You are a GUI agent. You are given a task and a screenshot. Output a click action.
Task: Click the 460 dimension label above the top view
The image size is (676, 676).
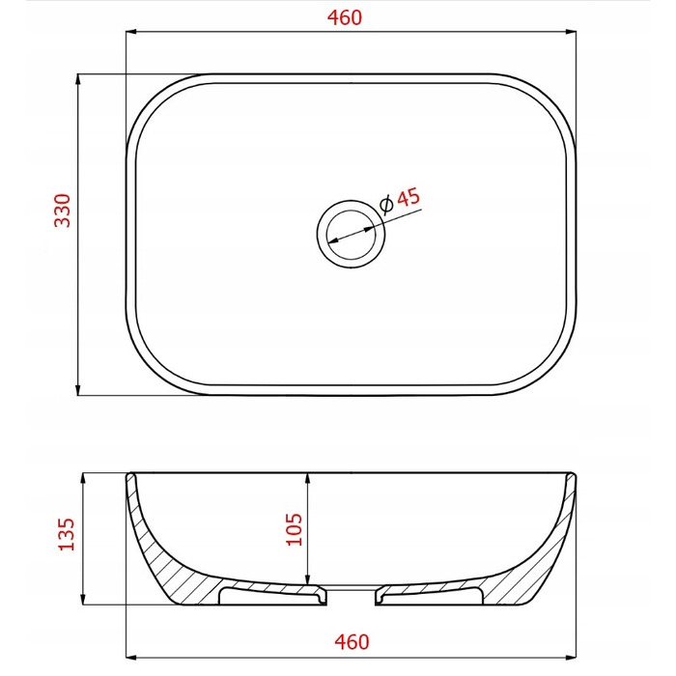pos(345,17)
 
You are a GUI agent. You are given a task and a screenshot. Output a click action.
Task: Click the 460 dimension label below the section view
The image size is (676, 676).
pos(352,642)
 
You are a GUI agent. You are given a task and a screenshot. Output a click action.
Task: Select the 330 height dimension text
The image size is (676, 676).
pos(63,211)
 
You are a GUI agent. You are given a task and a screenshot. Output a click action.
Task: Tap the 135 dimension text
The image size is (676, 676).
pos(67,534)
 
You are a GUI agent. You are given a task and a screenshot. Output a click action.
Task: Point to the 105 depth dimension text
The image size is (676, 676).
pos(295,529)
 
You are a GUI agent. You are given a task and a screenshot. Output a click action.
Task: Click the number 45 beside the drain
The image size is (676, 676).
pos(408,198)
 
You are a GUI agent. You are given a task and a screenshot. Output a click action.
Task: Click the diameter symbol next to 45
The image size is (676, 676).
pos(386,205)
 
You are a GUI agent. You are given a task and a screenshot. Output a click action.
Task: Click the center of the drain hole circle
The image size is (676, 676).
pos(351,234)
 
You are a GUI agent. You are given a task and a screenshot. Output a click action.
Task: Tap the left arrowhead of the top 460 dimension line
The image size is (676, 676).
pos(131,32)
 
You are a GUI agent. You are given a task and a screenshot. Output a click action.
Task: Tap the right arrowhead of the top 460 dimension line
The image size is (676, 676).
pos(571,32)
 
